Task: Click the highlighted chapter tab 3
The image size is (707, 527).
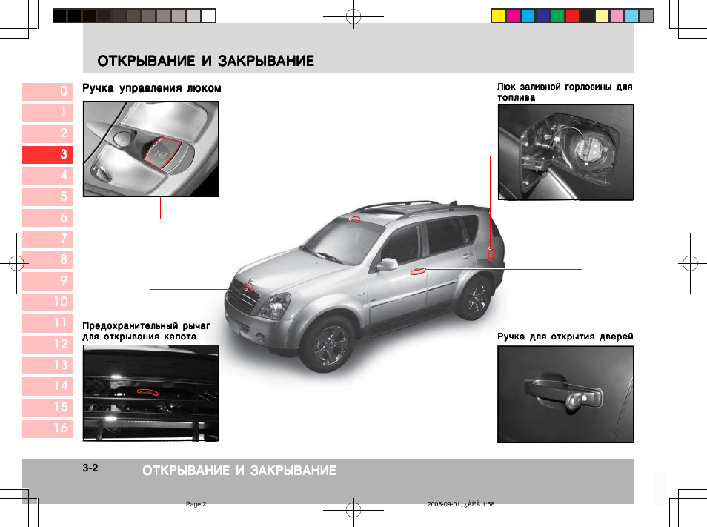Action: pos(48,154)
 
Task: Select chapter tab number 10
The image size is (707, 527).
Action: pos(48,302)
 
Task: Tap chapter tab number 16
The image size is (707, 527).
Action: pos(48,428)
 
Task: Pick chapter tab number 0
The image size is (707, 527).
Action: pos(48,91)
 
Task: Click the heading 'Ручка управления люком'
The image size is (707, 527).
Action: pos(151,88)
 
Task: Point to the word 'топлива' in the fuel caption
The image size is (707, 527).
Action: pos(516,98)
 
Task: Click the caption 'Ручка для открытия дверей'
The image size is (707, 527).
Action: pos(565,337)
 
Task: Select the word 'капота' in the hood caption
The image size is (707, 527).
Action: pos(180,337)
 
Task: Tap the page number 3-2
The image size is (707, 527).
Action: pos(90,468)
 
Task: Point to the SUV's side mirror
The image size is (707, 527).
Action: pos(387,264)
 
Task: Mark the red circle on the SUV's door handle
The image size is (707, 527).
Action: pos(418,271)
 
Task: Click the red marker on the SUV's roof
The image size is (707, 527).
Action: pos(355,219)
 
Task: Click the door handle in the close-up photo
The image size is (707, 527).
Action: pos(563,393)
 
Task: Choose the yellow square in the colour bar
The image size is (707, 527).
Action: pos(499,16)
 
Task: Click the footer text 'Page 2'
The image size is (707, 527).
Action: pos(196,504)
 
